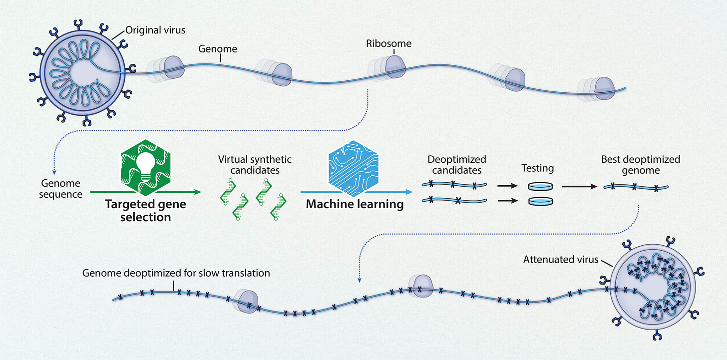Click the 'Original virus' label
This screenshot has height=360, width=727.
(155, 30)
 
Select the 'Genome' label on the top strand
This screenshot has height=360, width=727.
(218, 49)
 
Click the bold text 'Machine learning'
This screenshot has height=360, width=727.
(355, 204)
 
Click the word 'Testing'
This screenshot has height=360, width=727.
(538, 168)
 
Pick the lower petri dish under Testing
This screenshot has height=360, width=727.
(540, 202)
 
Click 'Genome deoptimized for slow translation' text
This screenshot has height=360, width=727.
(176, 273)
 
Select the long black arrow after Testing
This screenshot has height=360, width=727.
(579, 187)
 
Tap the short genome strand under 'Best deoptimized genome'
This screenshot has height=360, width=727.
(635, 187)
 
